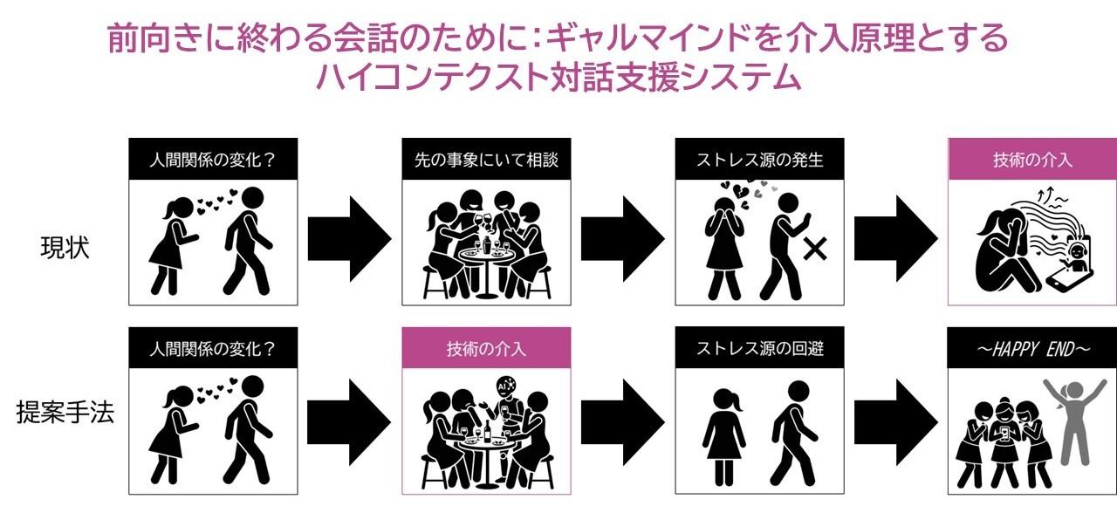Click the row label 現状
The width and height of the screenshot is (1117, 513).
click(x=65, y=248)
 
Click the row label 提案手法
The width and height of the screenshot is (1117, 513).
click(x=65, y=413)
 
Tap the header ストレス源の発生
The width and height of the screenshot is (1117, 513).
click(x=759, y=160)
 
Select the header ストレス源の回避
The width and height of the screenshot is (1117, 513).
click(x=759, y=348)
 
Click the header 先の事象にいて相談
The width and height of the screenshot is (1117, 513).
click(x=486, y=160)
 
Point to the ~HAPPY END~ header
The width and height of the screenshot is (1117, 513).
click(x=1032, y=349)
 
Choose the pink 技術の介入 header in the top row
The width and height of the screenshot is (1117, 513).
click(x=1032, y=160)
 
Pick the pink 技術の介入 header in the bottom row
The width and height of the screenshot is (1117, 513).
click(x=486, y=348)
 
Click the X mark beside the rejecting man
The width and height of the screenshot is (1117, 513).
click(x=815, y=249)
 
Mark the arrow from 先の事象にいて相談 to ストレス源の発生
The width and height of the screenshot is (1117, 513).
click(x=623, y=239)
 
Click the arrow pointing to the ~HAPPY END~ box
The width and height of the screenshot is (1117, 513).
click(x=896, y=423)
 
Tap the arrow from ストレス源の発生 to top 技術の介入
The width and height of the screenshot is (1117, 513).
click(x=896, y=239)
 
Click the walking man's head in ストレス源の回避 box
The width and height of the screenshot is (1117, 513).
click(x=798, y=390)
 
